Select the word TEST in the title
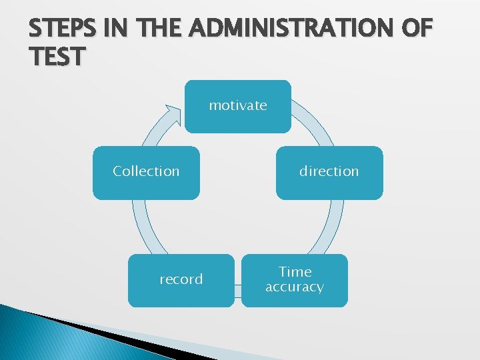(57, 57)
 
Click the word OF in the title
(413, 30)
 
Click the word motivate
(238, 105)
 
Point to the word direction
(329, 171)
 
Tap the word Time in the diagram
(295, 272)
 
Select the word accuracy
(294, 287)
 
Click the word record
(181, 279)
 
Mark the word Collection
(146, 171)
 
